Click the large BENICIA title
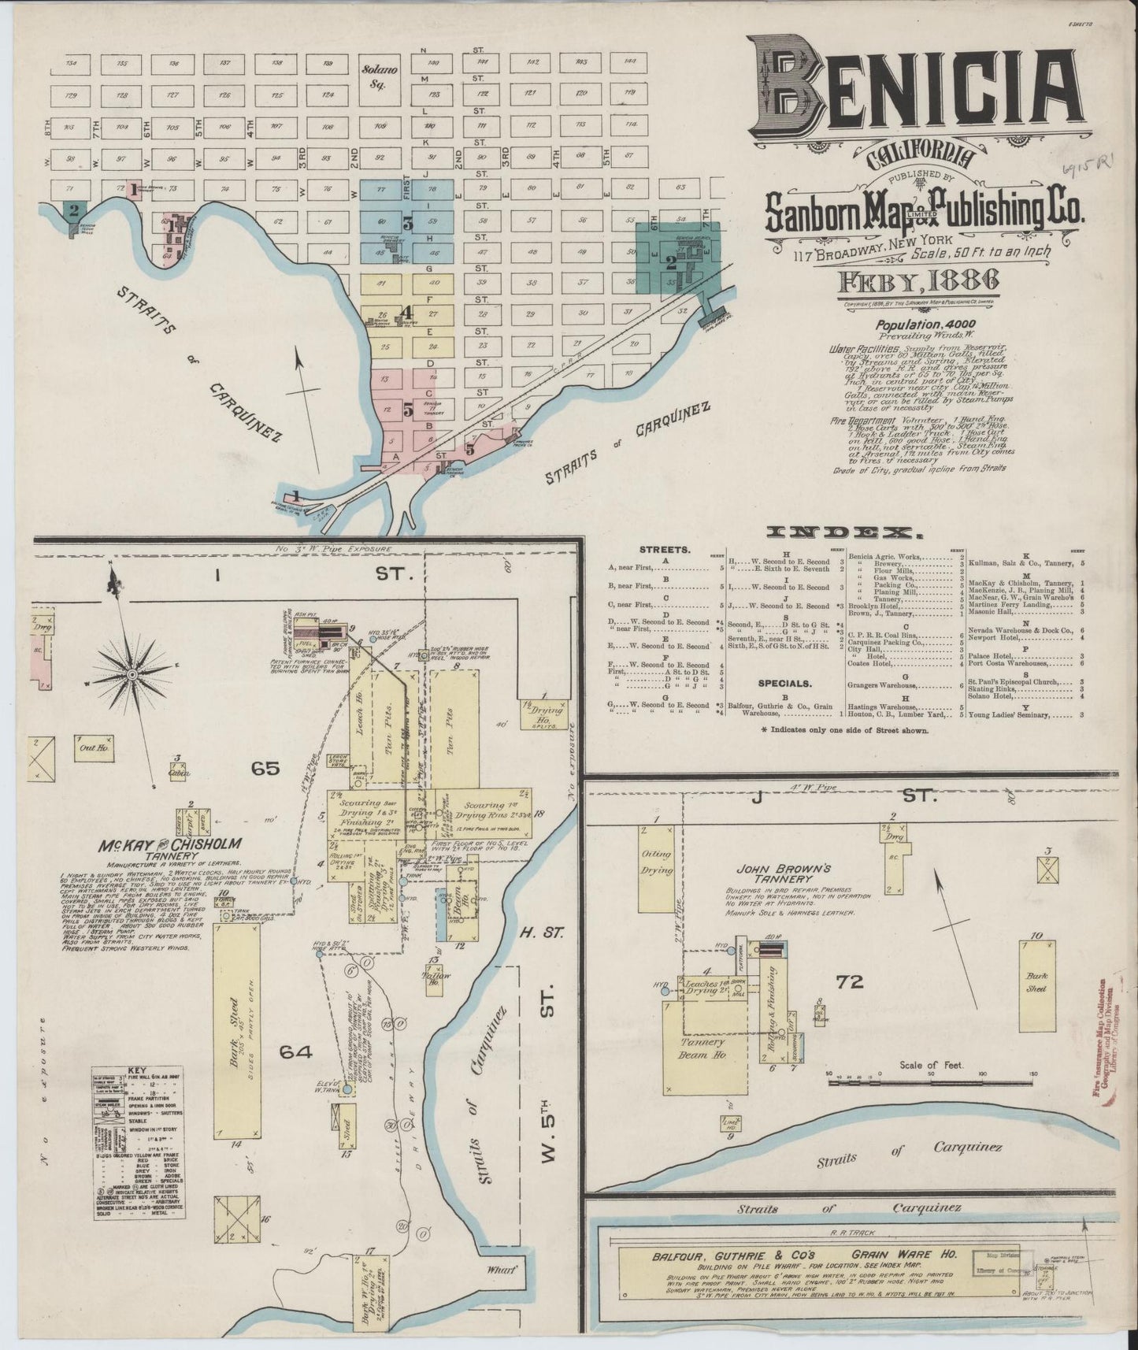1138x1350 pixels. click(914, 91)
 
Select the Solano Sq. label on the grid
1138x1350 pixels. click(380, 75)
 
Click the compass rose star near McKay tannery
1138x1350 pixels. click(132, 675)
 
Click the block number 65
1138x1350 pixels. click(265, 767)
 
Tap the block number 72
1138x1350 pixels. click(851, 981)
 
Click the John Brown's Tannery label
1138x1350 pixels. click(773, 874)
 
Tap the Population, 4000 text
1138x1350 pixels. click(926, 325)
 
